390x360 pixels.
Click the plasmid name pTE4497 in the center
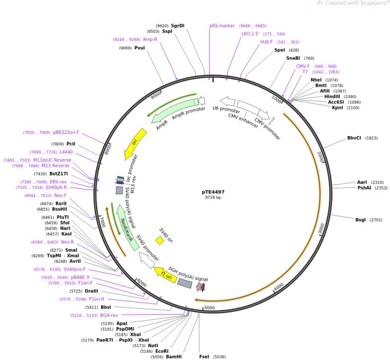point(213,192)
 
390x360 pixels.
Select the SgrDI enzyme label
point(178,25)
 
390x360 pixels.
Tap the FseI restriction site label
point(204,356)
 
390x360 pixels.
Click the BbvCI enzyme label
point(355,138)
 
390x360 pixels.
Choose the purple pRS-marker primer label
point(222,25)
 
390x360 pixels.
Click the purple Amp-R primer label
point(150,39)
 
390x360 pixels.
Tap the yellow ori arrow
point(135,144)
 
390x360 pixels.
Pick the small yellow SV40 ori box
point(160,240)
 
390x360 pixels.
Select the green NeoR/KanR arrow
point(126,226)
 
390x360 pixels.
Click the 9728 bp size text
point(213,198)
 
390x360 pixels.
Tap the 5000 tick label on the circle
point(209,308)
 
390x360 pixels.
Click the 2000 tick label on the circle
point(321,157)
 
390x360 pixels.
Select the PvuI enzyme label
point(140,48)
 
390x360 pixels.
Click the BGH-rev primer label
point(109,315)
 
